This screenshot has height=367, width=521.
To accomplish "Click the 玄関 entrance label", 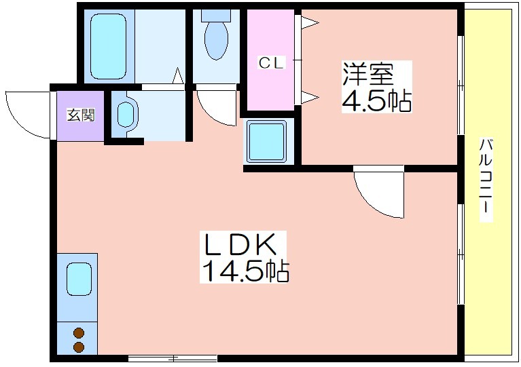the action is pos(81,115).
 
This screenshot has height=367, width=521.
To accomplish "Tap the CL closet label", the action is pos(272,62).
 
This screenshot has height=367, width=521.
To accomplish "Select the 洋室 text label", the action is pos(367,74).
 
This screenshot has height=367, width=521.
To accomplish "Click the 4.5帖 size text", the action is pos(376,100).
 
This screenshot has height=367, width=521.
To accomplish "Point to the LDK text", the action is pos(240,245).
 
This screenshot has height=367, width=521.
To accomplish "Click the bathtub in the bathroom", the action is pos(108,46).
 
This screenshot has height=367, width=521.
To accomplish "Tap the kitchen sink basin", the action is pos(79,279).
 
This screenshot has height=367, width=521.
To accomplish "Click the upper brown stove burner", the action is pos(79,333).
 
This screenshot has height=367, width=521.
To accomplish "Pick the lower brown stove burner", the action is pos(79,347).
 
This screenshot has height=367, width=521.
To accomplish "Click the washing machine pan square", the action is pos(266,141).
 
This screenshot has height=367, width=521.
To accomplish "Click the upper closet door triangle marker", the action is pos(310,23).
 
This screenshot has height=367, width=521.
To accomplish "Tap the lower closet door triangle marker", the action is pos(310,97).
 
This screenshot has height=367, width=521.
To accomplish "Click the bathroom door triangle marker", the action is pos(178,76).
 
